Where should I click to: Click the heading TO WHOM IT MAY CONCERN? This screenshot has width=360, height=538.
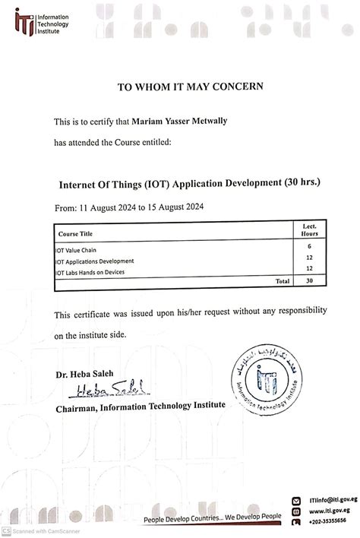pyautogui.click(x=190, y=87)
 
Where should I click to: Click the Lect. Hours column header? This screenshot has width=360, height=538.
pyautogui.click(x=308, y=230)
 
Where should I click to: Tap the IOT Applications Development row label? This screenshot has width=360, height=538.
pyautogui.click(x=94, y=260)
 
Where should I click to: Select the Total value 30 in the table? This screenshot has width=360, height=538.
pyautogui.click(x=309, y=280)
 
